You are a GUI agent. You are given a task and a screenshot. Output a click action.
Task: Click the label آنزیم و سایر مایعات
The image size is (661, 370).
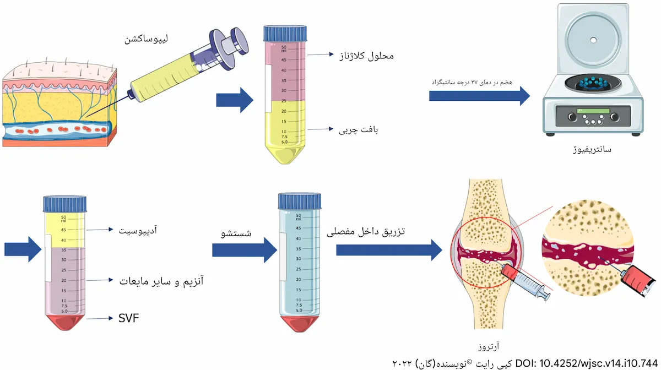[160, 281]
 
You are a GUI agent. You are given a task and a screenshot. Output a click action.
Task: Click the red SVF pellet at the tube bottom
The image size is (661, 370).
[65, 322]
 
